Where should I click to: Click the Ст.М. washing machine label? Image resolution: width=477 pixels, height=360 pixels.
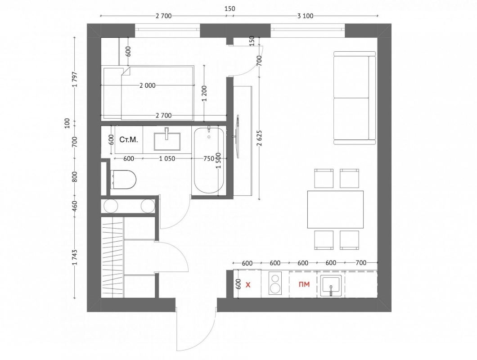click(x=129, y=139)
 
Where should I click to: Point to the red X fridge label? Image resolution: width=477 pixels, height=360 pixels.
click(x=248, y=285)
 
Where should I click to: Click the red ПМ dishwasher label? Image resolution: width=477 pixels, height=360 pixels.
click(x=304, y=284)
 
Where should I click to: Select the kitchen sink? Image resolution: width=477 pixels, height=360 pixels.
click(x=331, y=285)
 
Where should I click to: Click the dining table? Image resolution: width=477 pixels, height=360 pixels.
click(x=335, y=209)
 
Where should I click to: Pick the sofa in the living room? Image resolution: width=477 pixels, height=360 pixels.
click(x=355, y=98)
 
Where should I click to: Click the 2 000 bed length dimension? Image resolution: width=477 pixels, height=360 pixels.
click(x=148, y=86)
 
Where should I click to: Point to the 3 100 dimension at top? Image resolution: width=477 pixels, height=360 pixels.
click(x=305, y=16)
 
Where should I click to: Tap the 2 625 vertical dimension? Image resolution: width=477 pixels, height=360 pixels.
click(x=259, y=139)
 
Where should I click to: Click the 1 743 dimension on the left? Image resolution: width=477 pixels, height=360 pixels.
click(x=75, y=257)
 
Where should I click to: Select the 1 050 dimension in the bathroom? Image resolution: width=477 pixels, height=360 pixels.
click(x=167, y=158)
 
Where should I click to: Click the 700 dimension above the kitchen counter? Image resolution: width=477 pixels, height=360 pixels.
click(x=361, y=263)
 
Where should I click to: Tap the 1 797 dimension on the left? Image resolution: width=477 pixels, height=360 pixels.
click(x=75, y=80)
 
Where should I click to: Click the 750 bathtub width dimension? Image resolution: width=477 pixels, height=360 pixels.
click(x=209, y=158)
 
